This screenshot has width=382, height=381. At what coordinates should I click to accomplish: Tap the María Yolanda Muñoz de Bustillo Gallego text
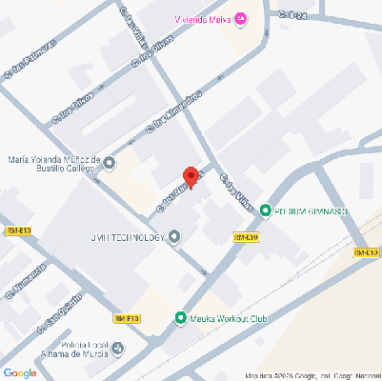click(x=52, y=165)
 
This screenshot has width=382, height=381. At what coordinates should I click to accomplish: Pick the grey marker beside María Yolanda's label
click(x=110, y=165)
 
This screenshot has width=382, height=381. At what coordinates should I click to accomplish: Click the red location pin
click(x=191, y=177)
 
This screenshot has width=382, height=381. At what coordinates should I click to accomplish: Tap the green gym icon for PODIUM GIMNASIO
click(x=266, y=211)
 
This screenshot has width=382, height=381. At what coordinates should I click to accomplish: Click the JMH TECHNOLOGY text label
click(x=128, y=238)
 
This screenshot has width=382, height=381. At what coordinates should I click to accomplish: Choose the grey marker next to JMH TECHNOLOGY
click(x=174, y=238)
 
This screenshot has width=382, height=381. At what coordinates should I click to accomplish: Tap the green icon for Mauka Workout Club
click(x=181, y=318)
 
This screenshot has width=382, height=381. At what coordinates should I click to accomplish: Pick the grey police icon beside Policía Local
click(x=118, y=348)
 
